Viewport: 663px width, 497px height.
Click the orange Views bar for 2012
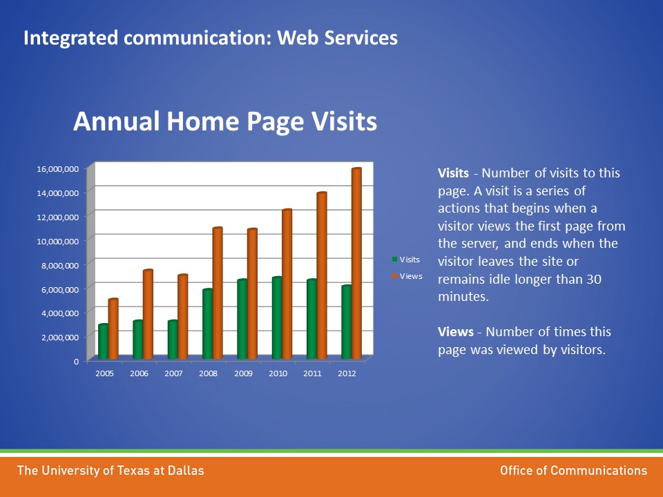(356, 264)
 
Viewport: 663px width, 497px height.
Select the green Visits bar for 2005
(103, 342)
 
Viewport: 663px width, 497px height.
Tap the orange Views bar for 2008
(218, 293)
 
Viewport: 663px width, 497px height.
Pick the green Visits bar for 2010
(277, 318)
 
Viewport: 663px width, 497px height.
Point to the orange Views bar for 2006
(148, 315)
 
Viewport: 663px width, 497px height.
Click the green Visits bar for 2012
(346, 322)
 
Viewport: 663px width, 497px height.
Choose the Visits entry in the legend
(406, 260)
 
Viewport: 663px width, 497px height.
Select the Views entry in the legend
(407, 276)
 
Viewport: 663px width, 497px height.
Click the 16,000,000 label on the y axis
(58, 169)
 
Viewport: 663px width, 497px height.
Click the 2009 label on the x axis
(243, 373)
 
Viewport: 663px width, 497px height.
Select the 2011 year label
(312, 373)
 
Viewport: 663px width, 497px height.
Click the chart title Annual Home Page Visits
(225, 121)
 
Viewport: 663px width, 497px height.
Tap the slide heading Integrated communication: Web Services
(211, 37)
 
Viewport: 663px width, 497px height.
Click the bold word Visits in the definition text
(453, 173)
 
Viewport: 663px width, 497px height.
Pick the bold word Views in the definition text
(455, 332)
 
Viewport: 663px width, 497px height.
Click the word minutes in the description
(463, 297)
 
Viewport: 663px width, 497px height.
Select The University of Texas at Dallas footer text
(110, 470)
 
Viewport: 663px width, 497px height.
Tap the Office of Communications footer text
(573, 470)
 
